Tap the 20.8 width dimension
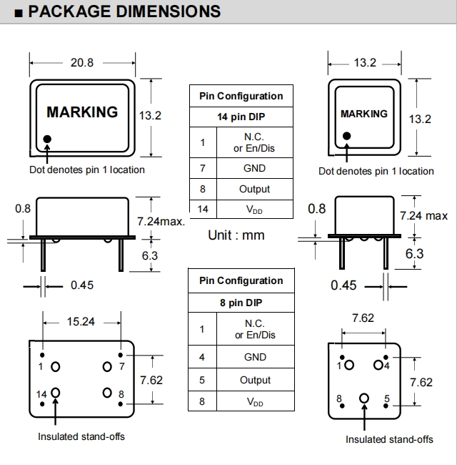click(82, 62)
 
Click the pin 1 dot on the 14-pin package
click(47, 139)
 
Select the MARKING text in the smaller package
click(364, 114)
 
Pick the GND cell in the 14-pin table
click(254, 168)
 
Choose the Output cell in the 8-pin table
click(255, 380)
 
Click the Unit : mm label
click(236, 235)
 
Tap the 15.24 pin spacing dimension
click(81, 321)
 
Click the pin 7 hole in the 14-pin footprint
click(107, 367)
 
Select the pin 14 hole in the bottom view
click(56, 393)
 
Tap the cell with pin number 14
click(203, 209)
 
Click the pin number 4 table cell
click(202, 357)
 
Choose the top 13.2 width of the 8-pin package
click(365, 62)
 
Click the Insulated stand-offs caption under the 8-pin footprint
click(390, 439)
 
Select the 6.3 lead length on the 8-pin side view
click(414, 253)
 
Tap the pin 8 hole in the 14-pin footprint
click(107, 393)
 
